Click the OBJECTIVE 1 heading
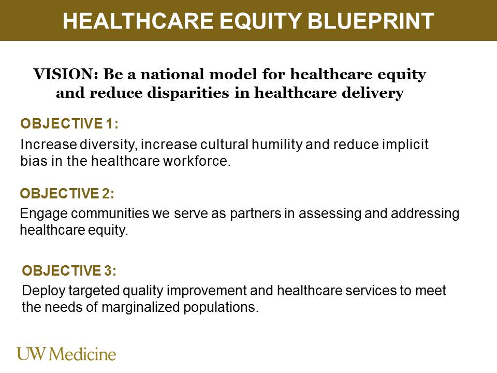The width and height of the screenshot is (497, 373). click(69, 124)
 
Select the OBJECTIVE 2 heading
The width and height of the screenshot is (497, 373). click(67, 194)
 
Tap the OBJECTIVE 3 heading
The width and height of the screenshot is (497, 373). click(69, 270)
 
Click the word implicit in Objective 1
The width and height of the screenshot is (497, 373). click(407, 145)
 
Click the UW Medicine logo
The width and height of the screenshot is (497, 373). click(67, 354)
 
